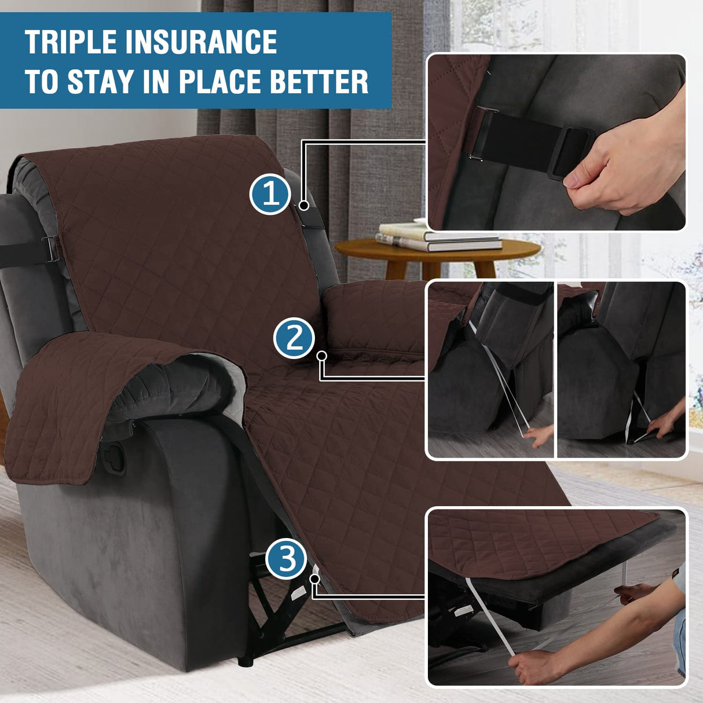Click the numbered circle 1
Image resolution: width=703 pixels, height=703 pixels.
pyautogui.click(x=270, y=195)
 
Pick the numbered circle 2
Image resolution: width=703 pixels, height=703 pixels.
pyautogui.click(x=294, y=338)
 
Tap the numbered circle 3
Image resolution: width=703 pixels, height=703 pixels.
pyautogui.click(x=286, y=559)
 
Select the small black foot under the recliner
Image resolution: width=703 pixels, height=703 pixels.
pyautogui.click(x=247, y=660)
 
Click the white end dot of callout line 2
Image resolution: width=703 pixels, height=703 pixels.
pyautogui.click(x=322, y=355)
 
